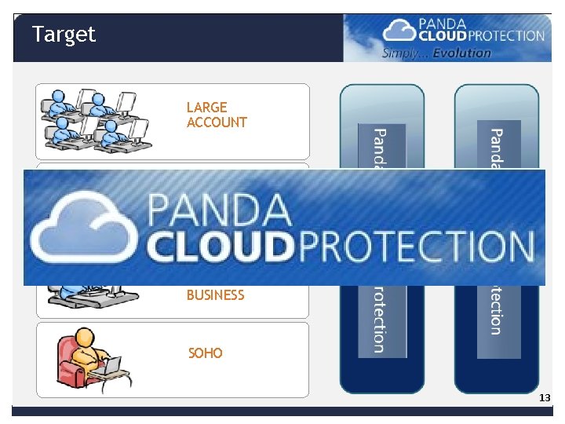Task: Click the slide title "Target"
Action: click(64, 35)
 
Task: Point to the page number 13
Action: click(545, 399)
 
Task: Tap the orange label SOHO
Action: click(206, 353)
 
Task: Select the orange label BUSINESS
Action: click(215, 295)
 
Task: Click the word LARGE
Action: click(206, 107)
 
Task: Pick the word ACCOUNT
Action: click(217, 122)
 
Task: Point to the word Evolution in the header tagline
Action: click(463, 53)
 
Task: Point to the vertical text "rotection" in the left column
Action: click(378, 319)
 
